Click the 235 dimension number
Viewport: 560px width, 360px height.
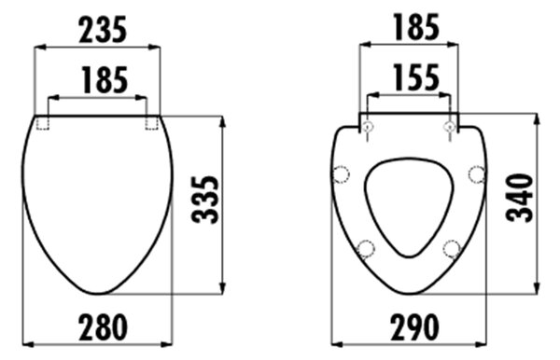tap(103, 30)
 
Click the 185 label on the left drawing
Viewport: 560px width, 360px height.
tap(105, 80)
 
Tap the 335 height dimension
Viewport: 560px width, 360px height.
tap(205, 200)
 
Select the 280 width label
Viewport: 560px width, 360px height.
tap(103, 326)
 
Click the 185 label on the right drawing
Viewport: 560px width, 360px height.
tap(416, 26)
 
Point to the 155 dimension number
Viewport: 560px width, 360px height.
tap(416, 76)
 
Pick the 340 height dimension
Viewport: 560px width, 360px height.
tap(520, 198)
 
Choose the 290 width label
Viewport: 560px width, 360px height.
tap(414, 326)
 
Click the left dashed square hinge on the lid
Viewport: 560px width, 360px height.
tap(42, 123)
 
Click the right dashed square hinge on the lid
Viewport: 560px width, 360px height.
tap(152, 123)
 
